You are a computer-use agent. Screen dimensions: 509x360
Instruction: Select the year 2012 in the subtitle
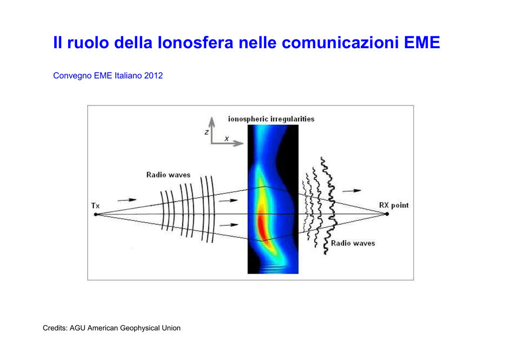(x=154, y=76)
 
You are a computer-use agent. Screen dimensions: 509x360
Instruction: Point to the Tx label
(x=95, y=206)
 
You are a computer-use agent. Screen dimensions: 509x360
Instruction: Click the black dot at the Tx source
(x=96, y=215)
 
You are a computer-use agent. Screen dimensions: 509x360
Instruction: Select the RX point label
(x=394, y=205)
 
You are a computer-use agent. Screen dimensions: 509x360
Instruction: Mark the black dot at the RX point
(x=387, y=214)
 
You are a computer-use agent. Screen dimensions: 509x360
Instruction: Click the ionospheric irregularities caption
(x=271, y=119)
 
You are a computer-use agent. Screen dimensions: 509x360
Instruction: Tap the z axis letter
(x=206, y=132)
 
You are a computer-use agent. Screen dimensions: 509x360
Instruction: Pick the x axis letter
(x=227, y=139)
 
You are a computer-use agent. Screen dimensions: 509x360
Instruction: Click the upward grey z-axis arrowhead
(x=212, y=121)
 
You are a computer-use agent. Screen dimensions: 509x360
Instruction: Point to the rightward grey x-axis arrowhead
(x=239, y=143)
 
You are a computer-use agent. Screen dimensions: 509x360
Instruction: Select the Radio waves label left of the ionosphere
(x=168, y=175)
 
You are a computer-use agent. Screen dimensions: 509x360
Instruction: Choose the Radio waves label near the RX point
(x=353, y=244)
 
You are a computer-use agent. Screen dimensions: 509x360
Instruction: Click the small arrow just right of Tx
(x=127, y=200)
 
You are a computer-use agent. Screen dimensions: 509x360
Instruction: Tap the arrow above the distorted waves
(x=351, y=191)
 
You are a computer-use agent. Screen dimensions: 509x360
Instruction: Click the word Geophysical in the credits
(x=138, y=328)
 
